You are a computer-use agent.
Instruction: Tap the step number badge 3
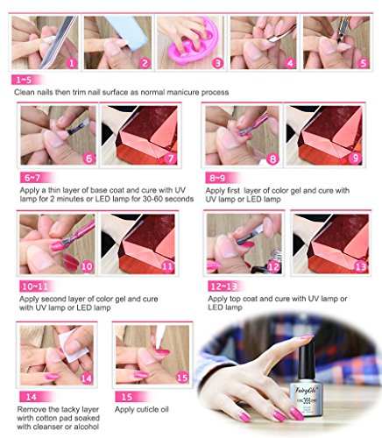click(x=215, y=62)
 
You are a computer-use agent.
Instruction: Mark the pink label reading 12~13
click(x=224, y=286)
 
